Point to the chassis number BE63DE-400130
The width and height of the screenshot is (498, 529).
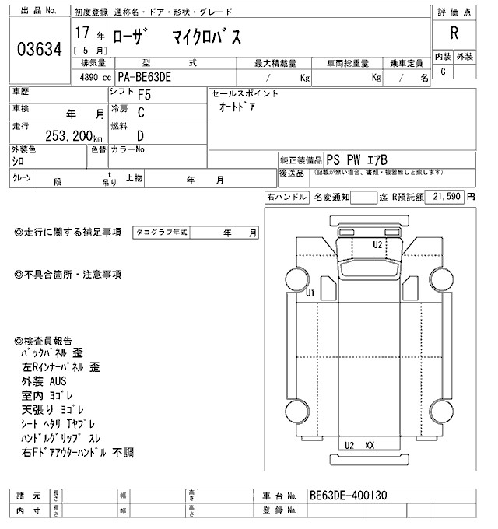pos(348,496)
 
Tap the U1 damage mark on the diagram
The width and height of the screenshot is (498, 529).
pos(310,293)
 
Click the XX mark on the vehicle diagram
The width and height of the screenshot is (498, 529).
pos(370,445)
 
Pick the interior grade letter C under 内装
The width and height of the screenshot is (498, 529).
pos(443,72)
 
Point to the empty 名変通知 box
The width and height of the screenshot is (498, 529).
pos(363,198)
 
